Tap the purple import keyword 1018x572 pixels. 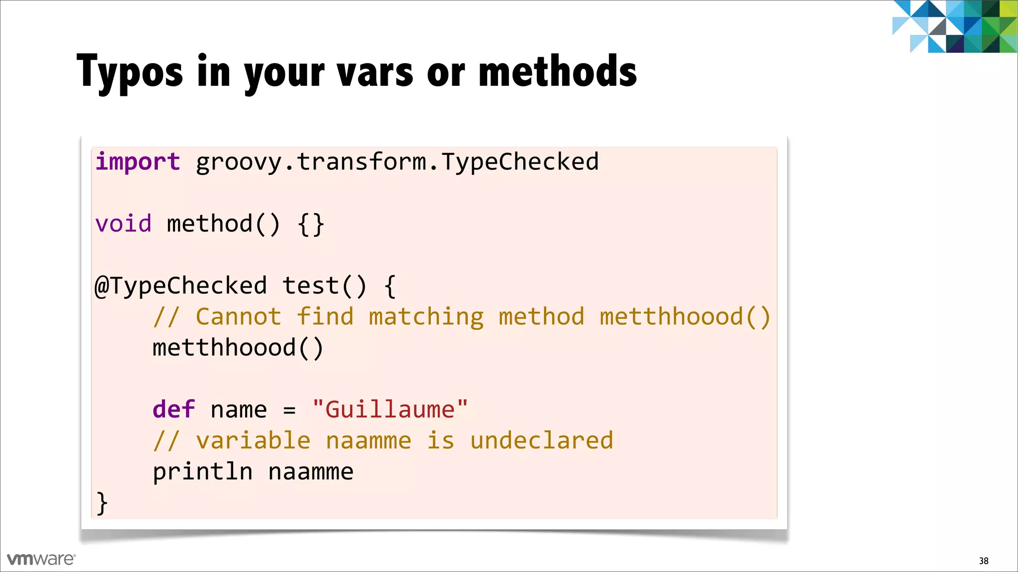tap(138, 162)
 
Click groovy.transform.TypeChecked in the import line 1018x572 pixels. tap(397, 162)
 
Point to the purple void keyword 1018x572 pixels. tap(123, 224)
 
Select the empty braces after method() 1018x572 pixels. tap(311, 225)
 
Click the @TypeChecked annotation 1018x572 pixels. tap(181, 286)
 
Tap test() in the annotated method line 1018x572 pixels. tap(324, 286)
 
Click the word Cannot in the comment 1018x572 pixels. tap(238, 317)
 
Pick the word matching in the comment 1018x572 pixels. tap(426, 317)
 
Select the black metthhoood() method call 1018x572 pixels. tap(238, 348)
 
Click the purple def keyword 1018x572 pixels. tap(173, 410)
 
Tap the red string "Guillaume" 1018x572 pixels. tap(390, 410)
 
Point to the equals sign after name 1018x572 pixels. tap(289, 411)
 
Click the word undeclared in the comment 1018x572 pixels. tap(541, 440)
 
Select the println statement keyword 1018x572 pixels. tap(202, 472)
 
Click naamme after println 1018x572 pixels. tap(311, 472)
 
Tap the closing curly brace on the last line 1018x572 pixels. tap(102, 503)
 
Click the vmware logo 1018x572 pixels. tap(41, 559)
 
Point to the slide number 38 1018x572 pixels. tap(983, 561)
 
